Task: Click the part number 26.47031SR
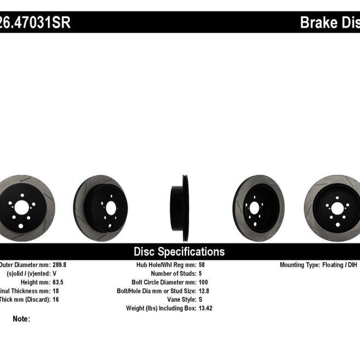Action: pos(35,23)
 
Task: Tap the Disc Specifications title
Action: pos(179,252)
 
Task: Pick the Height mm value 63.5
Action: pos(56,282)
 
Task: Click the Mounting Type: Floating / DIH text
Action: pos(319,264)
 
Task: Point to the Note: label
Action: pos(21,319)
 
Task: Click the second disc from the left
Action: pos(101,204)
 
